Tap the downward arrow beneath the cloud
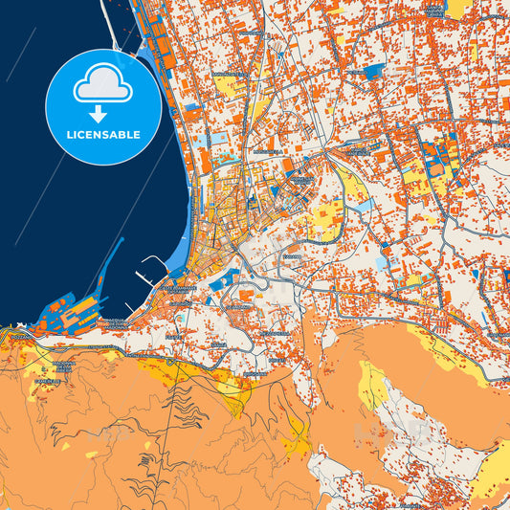[x=103, y=114]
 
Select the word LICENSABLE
[x=103, y=135]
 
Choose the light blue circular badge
[x=103, y=107]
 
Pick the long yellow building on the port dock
[x=83, y=305]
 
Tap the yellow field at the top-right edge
[x=458, y=8]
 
